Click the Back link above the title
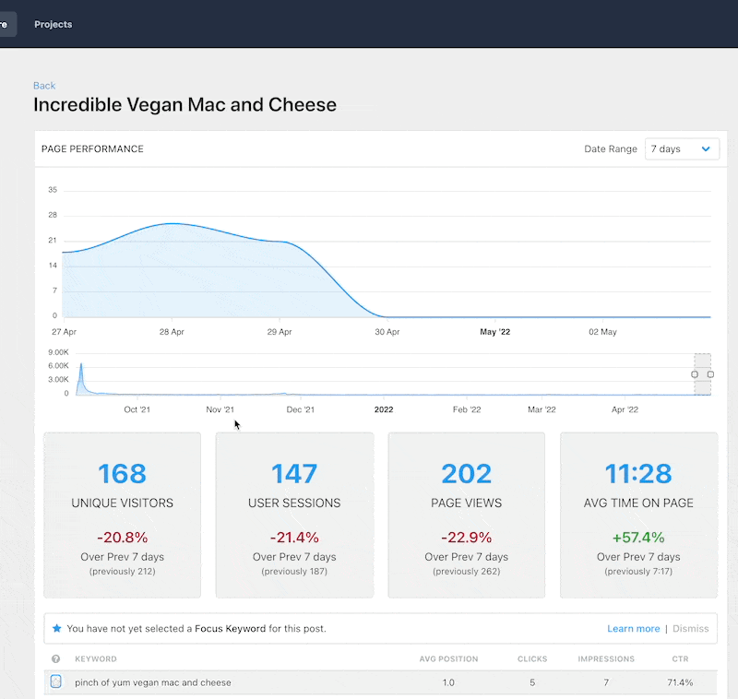pos(44,86)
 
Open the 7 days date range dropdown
pos(682,148)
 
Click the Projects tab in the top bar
pos(53,24)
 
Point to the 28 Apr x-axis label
pos(172,332)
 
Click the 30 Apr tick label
pos(387,332)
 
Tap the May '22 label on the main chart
pos(495,332)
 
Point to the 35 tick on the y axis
pos(53,190)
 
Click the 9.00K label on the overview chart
pos(58,352)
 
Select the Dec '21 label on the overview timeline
pos(301,409)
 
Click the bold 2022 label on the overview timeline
pos(384,409)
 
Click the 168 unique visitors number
pos(123,473)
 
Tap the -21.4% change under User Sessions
pos(294,538)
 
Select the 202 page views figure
pos(466,473)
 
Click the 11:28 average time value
pos(638,473)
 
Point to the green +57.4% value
pos(638,538)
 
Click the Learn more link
pos(633,629)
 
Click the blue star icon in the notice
pos(56,629)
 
